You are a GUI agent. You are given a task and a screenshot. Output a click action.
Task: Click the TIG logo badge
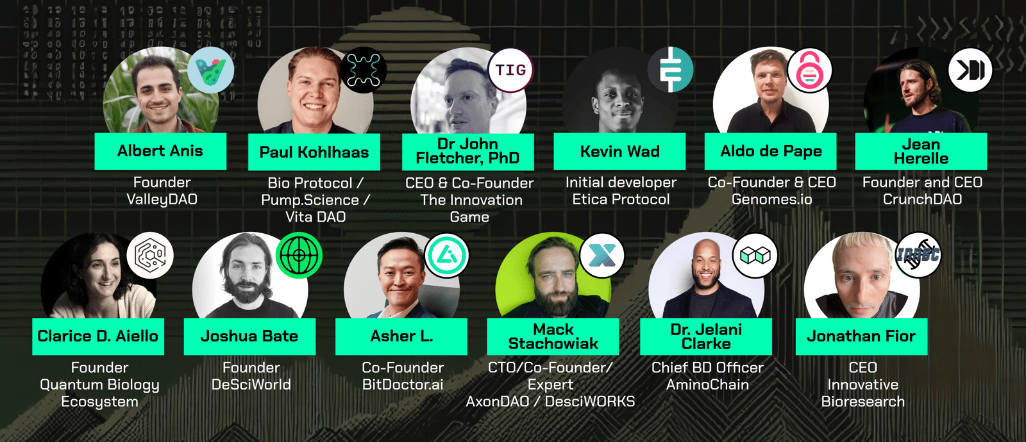coord(510,70)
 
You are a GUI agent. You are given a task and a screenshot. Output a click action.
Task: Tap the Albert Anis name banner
coord(160,151)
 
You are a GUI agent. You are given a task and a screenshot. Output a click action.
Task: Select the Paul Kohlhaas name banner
coord(314,152)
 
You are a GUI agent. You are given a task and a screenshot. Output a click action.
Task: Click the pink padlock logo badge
coord(810,70)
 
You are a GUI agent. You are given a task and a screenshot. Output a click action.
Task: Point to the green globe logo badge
coord(299,256)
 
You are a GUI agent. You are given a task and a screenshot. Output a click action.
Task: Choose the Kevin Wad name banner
coord(619,151)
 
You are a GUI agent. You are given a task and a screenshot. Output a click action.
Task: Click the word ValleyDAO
coord(162,199)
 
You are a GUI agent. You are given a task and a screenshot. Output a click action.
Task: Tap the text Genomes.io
coord(772,199)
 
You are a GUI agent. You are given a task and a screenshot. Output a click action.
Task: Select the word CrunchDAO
coord(922,199)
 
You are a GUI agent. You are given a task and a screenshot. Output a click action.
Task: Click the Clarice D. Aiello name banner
coord(98,337)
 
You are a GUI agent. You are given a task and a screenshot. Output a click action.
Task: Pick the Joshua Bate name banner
coord(249,337)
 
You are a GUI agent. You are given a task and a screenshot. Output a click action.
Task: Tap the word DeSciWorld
coord(251,385)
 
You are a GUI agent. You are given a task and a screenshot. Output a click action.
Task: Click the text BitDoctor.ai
coord(403,385)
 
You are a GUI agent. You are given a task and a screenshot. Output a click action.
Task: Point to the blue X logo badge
coord(602,256)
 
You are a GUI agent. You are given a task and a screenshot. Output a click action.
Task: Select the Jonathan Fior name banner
coord(862,337)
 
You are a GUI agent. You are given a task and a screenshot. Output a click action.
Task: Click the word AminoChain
coord(707,385)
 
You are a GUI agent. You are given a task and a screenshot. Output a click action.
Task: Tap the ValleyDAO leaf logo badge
coord(211,70)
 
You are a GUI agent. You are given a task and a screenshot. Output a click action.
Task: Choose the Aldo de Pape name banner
coord(770,151)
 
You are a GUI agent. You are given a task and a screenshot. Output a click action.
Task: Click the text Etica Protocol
coord(621,199)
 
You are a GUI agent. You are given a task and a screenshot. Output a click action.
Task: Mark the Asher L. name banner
coord(401,337)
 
